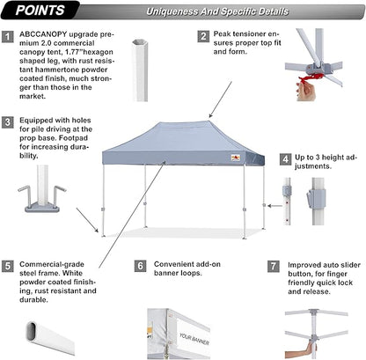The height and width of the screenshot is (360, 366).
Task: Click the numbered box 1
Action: pyautogui.click(x=9, y=37)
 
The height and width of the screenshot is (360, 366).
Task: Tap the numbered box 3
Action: pyautogui.click(x=9, y=122)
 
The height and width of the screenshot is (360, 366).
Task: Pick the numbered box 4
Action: pyautogui.click(x=285, y=159)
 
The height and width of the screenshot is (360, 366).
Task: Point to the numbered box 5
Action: pyautogui.click(x=9, y=265)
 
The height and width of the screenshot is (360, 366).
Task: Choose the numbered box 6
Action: pyautogui.click(x=140, y=265)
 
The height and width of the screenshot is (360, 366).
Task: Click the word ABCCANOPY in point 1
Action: pyautogui.click(x=43, y=37)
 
